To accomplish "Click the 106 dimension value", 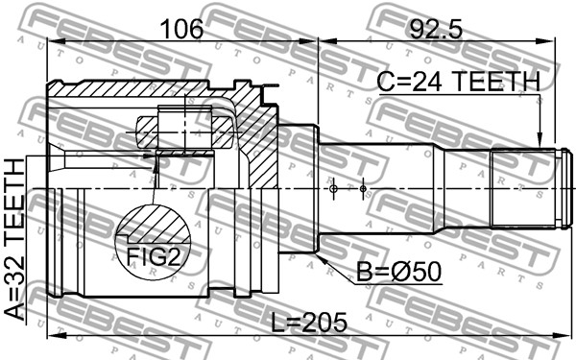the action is (182, 29).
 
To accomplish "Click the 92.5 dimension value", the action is (435, 29).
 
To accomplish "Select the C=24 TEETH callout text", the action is (459, 82).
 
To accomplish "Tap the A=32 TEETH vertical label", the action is (14, 239).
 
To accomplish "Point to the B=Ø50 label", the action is (399, 273).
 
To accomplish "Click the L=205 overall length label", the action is (309, 323).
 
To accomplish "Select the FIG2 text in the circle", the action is (154, 256).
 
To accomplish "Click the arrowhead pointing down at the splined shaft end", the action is (540, 139).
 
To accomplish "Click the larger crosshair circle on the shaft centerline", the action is (333, 189).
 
